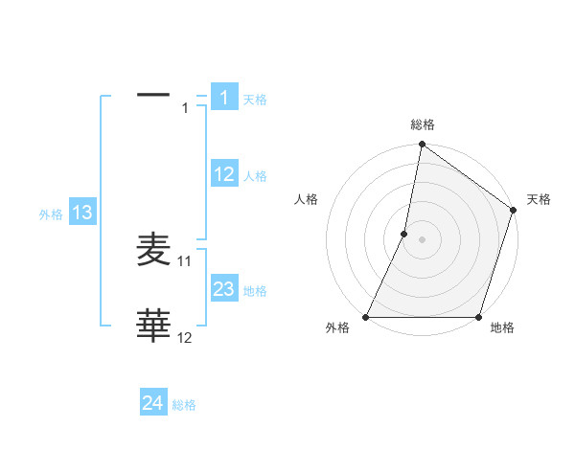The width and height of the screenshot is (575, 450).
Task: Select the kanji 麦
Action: [154, 250]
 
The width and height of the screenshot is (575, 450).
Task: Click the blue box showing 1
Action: [223, 98]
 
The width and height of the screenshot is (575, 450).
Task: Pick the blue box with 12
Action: [224, 174]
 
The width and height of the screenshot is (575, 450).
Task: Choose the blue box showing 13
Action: [82, 213]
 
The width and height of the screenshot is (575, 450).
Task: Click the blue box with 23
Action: [224, 289]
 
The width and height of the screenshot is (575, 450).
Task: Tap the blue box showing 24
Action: [153, 404]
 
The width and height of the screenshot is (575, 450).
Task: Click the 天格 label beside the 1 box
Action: [255, 99]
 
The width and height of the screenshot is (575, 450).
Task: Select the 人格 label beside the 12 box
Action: [255, 175]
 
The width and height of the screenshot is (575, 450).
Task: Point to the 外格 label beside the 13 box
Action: [51, 214]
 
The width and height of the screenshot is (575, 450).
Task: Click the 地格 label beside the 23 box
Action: [255, 290]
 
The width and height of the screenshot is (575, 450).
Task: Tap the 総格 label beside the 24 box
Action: [184, 405]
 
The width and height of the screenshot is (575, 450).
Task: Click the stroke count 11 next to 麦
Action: [185, 260]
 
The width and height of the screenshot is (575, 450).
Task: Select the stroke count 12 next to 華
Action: [185, 337]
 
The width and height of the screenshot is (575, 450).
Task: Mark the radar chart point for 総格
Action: [422, 146]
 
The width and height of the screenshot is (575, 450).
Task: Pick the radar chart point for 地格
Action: [478, 317]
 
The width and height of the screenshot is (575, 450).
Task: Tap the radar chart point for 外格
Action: [366, 317]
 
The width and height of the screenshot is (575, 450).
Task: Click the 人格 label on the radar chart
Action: [307, 199]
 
